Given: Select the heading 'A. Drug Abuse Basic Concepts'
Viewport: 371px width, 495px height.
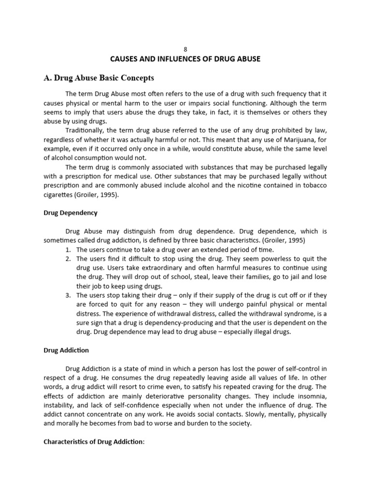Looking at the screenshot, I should pos(99,78).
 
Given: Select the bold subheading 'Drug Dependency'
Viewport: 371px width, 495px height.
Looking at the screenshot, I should pos(71,213).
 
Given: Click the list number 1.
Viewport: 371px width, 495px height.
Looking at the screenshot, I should pos(67,249).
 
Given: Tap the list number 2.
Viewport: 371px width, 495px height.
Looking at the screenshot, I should pos(67,259).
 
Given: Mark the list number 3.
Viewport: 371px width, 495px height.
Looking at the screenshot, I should pos(67,295).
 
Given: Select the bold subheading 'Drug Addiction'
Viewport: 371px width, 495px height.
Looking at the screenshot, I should pos(66,350).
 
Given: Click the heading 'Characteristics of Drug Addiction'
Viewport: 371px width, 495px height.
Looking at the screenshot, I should pos(93,441).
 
